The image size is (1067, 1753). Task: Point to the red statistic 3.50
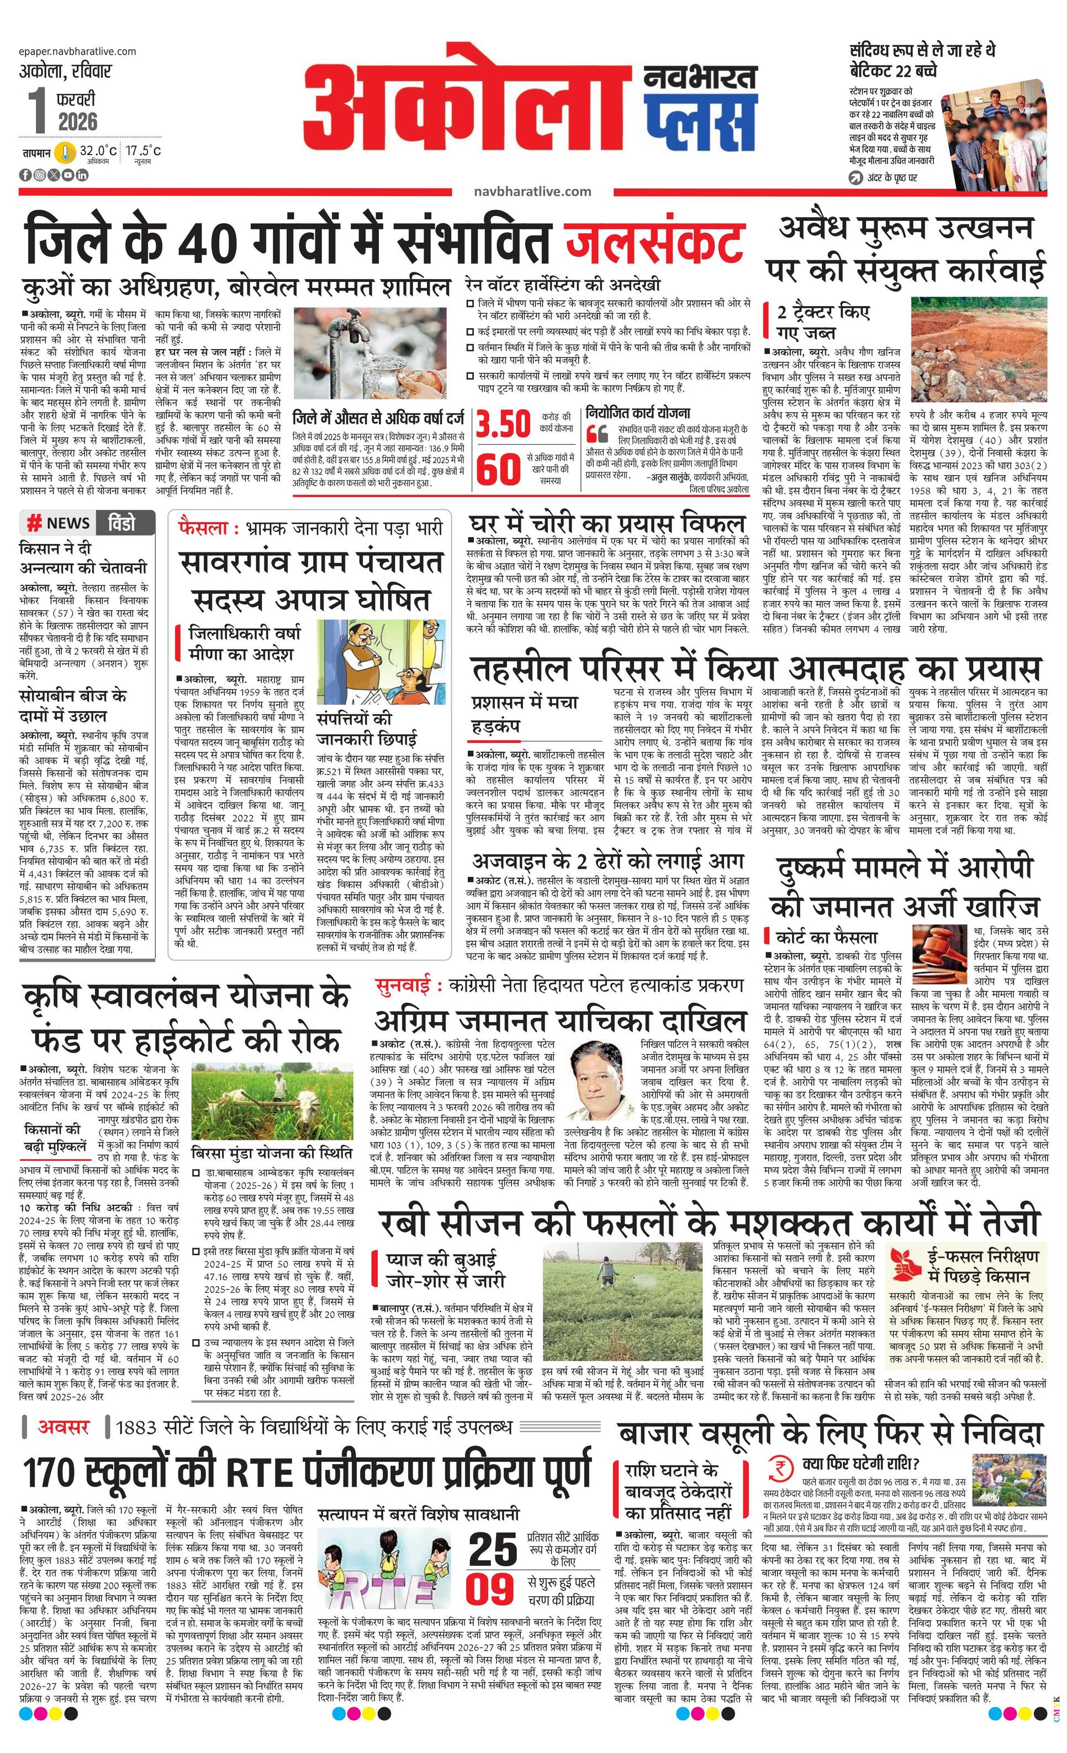[x=503, y=423]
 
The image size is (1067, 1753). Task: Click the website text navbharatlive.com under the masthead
[x=532, y=191]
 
